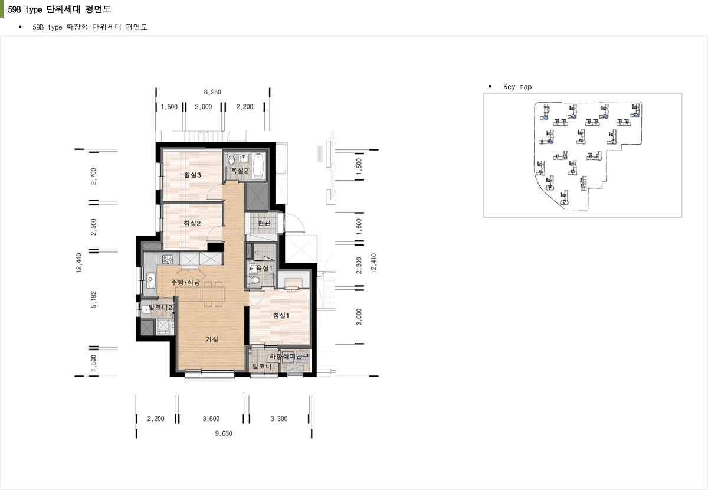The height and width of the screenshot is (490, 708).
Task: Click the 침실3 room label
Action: click(x=192, y=175)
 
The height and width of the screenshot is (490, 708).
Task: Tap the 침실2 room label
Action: click(x=192, y=223)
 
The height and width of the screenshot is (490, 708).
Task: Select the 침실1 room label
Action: click(x=281, y=315)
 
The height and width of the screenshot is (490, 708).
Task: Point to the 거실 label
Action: click(x=212, y=339)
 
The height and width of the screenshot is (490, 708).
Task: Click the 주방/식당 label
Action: click(x=185, y=282)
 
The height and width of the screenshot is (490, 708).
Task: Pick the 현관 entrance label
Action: click(x=264, y=223)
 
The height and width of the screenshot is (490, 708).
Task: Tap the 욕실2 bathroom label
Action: click(x=240, y=171)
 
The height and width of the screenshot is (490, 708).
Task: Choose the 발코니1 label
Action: click(x=264, y=366)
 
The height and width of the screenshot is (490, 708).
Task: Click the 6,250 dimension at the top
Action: click(x=212, y=92)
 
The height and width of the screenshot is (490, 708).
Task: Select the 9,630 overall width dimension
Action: click(x=224, y=433)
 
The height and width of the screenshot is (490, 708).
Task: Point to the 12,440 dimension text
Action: click(x=79, y=263)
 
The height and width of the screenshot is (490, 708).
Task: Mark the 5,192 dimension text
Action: click(x=94, y=299)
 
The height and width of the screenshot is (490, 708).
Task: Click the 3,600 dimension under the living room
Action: click(x=211, y=419)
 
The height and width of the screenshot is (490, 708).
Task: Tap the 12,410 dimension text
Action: click(x=373, y=263)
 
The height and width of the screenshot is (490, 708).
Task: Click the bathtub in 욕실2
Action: click(x=258, y=165)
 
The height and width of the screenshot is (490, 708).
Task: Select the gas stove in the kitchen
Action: click(x=168, y=259)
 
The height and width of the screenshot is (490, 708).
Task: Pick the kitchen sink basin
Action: click(x=151, y=280)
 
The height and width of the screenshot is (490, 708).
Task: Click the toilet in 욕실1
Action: click(x=254, y=280)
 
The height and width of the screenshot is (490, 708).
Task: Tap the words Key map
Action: click(x=517, y=87)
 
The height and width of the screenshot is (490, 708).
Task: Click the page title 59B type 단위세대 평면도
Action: click(x=60, y=9)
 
